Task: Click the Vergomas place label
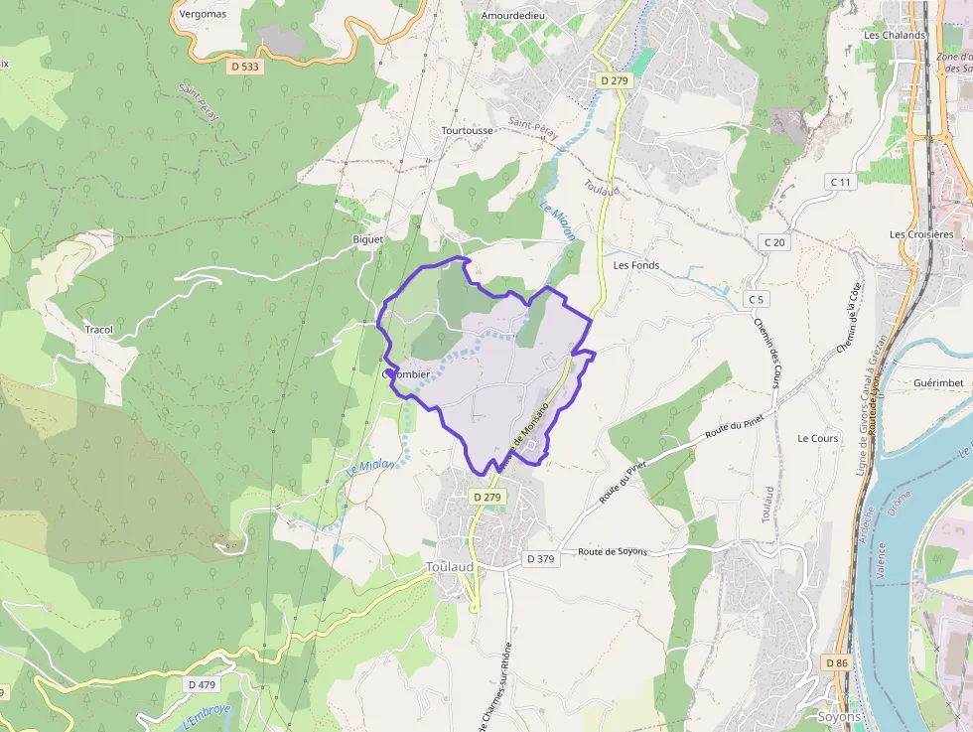coord(203,15)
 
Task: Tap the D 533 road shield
coord(243,67)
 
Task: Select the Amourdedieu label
coord(513,17)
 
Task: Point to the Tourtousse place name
coord(467,130)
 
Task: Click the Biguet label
coord(367,240)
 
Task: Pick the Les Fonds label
coord(636,265)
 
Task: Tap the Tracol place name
coord(98,330)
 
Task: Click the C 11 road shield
coord(840,182)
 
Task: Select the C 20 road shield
coord(774,242)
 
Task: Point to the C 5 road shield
coord(757,299)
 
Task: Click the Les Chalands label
coord(895,35)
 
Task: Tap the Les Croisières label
coord(921,234)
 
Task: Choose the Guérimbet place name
coord(938,382)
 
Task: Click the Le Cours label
coord(818,438)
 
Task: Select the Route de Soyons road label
coord(613,551)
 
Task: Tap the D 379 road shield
coord(541,559)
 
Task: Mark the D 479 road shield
coord(202,684)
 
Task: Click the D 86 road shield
coord(837,661)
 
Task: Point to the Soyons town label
coord(838,717)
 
